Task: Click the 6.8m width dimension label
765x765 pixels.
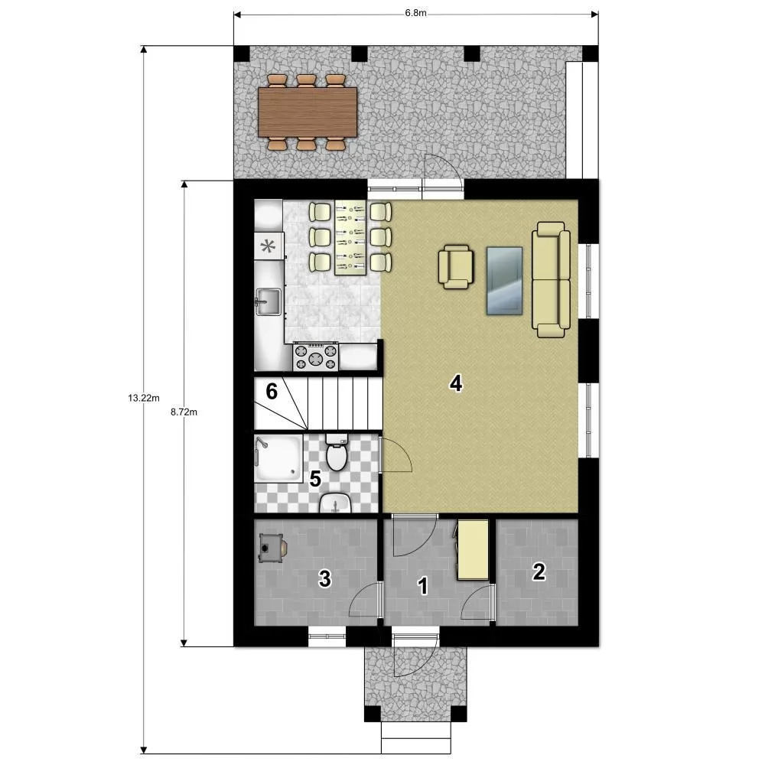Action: (x=415, y=13)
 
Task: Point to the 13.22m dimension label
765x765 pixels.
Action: (x=144, y=398)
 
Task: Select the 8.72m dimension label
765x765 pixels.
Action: (x=184, y=412)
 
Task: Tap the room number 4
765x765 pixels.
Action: (x=456, y=384)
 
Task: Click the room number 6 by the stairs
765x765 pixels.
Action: (x=272, y=391)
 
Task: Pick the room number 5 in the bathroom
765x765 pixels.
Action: (x=315, y=479)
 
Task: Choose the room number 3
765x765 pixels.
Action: (x=325, y=578)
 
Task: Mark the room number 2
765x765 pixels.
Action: (x=539, y=571)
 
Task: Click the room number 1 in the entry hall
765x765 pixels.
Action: (x=423, y=586)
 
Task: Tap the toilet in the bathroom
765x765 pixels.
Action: (x=336, y=452)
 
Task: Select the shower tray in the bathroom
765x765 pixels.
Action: (x=278, y=458)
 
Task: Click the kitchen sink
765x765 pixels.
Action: (x=268, y=301)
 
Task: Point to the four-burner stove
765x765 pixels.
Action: (x=316, y=356)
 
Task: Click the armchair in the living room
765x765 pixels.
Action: (x=456, y=266)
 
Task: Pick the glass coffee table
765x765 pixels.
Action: (x=504, y=281)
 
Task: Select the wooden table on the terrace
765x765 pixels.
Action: (x=308, y=112)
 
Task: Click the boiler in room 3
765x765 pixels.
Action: (x=272, y=548)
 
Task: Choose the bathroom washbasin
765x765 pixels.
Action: (x=335, y=503)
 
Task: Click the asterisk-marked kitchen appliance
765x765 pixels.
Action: (x=269, y=246)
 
